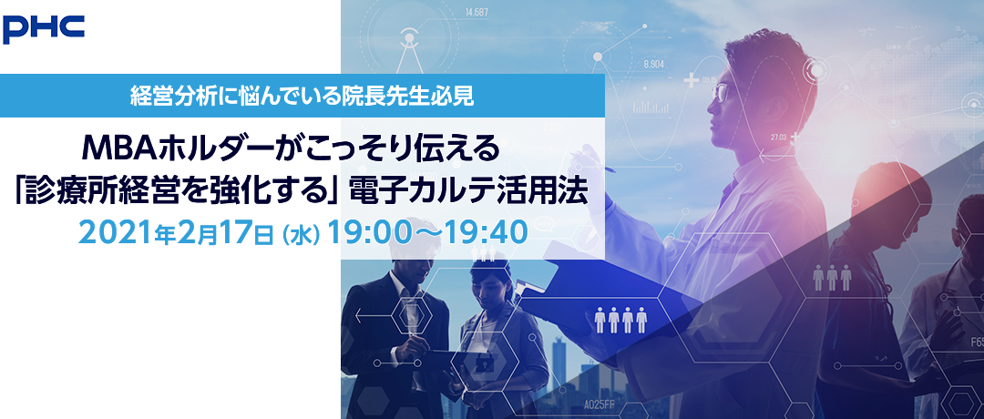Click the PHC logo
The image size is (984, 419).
coord(44,29)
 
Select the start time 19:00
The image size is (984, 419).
coord(366,232)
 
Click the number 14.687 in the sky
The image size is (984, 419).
coord(477,11)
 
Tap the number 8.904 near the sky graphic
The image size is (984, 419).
coord(654,64)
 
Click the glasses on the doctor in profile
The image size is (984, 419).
coord(721,92)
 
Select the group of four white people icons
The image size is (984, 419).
coord(620,320)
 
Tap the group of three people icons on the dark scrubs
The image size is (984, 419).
coord(832,277)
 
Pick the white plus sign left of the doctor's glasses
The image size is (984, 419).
coord(692,80)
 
